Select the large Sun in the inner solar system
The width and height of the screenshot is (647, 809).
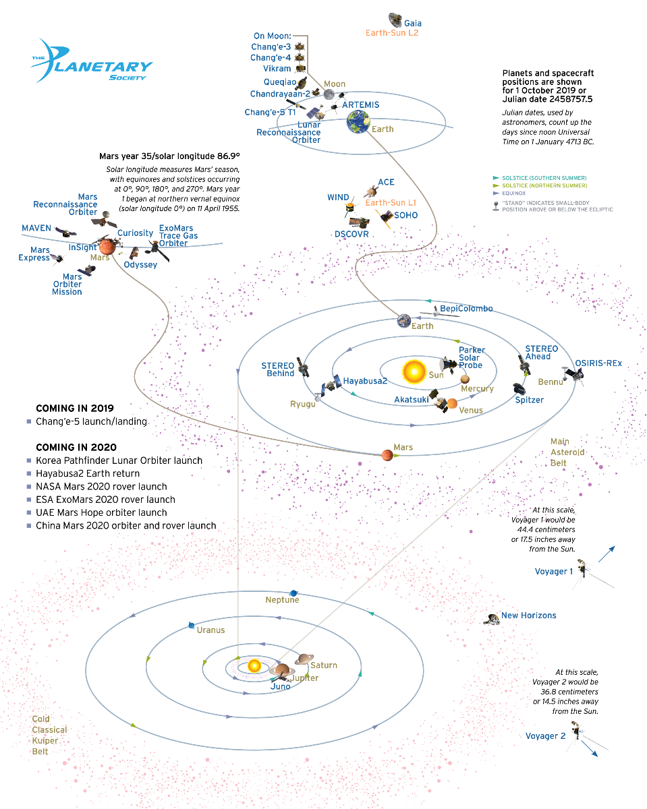pos(412,371)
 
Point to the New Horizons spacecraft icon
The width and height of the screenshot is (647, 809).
pos(492,619)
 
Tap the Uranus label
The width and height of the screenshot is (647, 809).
pos(210,630)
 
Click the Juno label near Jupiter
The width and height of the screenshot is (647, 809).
pos(280,686)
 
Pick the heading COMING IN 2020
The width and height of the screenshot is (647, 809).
pos(76,448)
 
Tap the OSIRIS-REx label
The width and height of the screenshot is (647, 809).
pos(598,363)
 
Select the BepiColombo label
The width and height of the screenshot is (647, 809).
pos(467,309)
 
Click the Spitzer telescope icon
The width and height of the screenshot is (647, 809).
pos(519,390)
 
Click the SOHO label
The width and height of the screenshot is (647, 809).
pos(406,215)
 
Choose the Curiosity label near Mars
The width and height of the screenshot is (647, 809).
pos(135,233)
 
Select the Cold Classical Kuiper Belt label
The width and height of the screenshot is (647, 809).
pos(49,735)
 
